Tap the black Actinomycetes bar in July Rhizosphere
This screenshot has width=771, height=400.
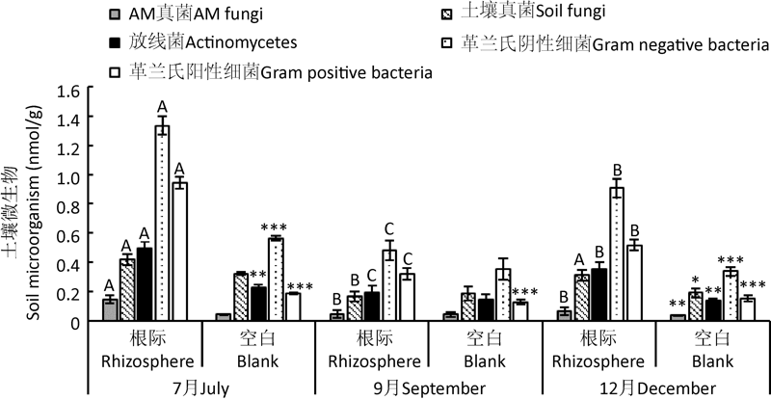coord(145,285)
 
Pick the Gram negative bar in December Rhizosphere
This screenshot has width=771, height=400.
coord(616,254)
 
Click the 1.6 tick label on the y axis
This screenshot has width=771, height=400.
coord(66,91)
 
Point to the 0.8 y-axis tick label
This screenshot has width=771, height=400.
coord(66,206)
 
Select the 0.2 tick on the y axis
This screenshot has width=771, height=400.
coord(66,293)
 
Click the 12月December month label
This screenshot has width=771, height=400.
coord(655,387)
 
